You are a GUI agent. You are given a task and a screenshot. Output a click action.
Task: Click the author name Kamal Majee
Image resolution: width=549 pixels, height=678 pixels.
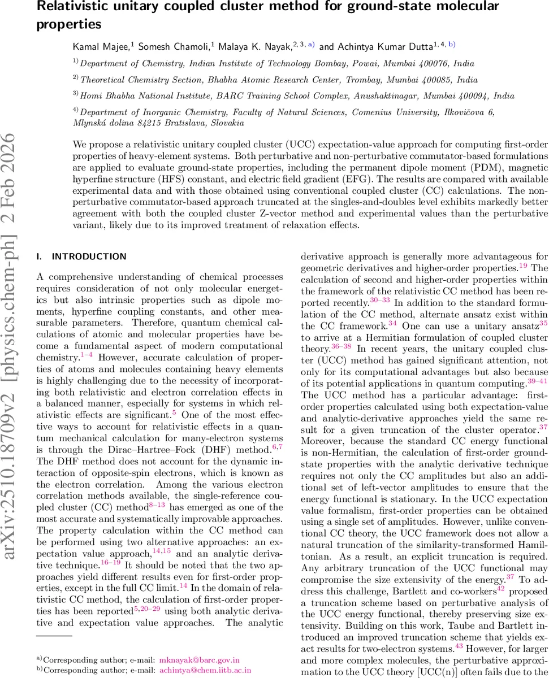97,47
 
